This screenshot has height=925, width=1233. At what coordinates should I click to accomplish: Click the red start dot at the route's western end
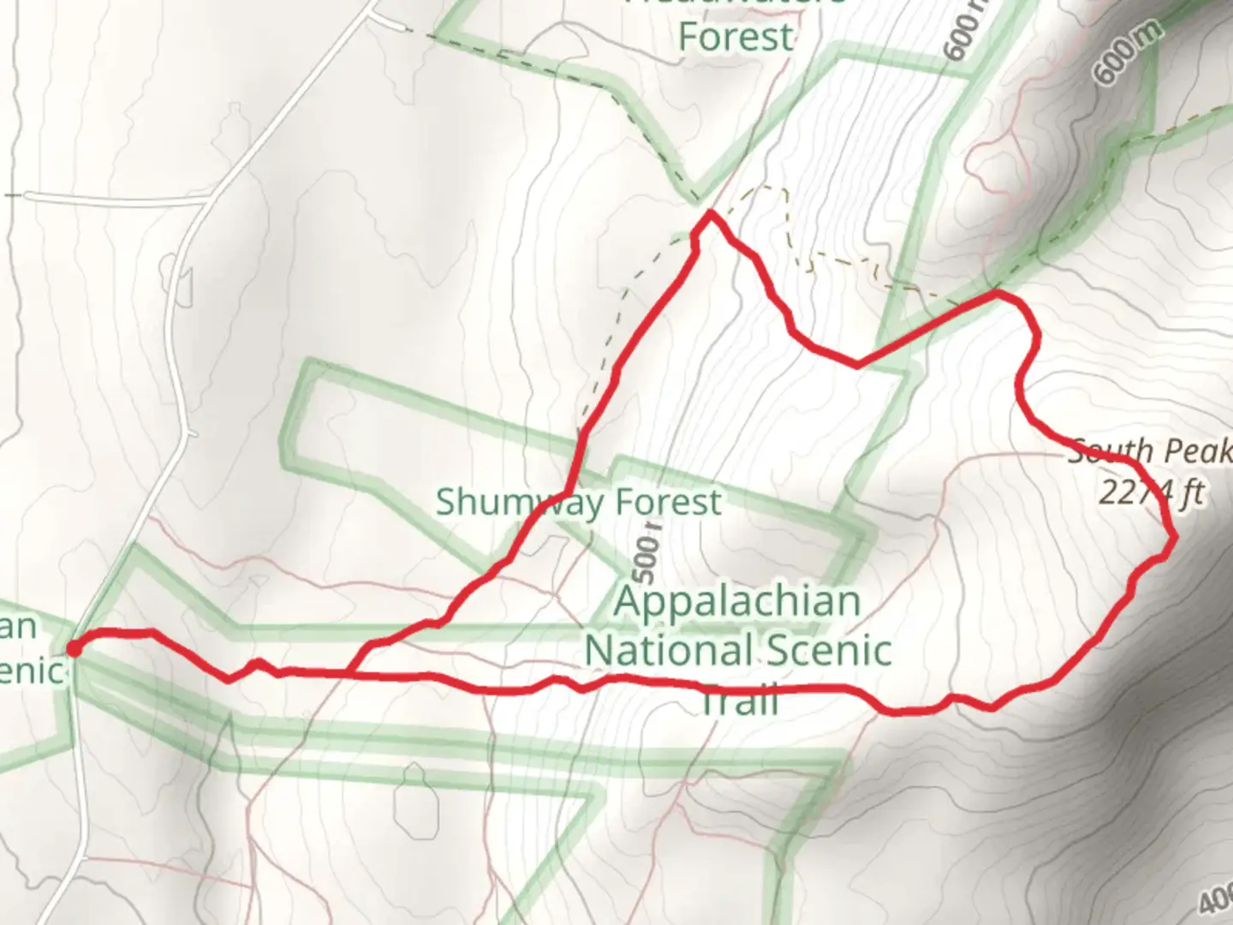74,648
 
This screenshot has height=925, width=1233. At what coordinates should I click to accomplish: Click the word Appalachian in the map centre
737,601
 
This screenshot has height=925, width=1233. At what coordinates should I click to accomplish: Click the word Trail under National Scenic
739,701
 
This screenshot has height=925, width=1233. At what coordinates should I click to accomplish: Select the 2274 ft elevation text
1152,493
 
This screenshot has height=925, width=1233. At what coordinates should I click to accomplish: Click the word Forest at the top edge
736,38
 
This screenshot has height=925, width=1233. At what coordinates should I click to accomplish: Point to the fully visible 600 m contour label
1129,53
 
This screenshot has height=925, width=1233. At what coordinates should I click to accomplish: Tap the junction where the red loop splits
350,674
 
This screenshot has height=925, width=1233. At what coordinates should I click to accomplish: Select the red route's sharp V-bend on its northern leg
857,366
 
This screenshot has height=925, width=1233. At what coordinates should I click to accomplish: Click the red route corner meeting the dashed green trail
996,293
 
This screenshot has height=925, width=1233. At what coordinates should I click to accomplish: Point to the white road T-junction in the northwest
208,199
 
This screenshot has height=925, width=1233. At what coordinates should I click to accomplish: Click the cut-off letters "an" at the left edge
19,626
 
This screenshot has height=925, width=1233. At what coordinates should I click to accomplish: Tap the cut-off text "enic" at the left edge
33,670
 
